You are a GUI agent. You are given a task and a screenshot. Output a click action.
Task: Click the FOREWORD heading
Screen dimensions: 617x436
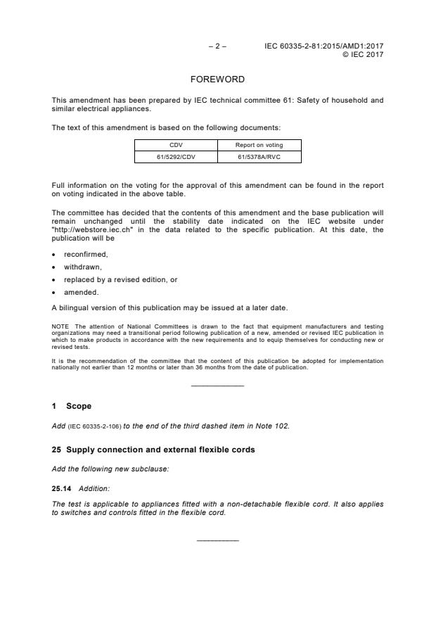[x=217, y=79]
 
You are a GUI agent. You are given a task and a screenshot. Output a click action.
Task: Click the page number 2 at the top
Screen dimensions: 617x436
[x=217, y=46]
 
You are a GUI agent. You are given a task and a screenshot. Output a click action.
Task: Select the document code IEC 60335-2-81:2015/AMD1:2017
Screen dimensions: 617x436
[x=323, y=46]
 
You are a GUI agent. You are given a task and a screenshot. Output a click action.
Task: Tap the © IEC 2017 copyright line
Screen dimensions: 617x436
[x=362, y=55]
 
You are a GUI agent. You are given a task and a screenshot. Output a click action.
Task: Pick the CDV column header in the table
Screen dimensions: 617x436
[x=176, y=146]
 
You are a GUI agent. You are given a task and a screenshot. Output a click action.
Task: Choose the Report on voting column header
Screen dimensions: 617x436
[x=259, y=146]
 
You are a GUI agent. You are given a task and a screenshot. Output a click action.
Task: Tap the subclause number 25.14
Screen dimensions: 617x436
[x=62, y=488]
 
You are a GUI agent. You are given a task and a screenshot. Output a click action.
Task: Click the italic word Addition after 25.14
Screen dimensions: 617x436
[x=94, y=488]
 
